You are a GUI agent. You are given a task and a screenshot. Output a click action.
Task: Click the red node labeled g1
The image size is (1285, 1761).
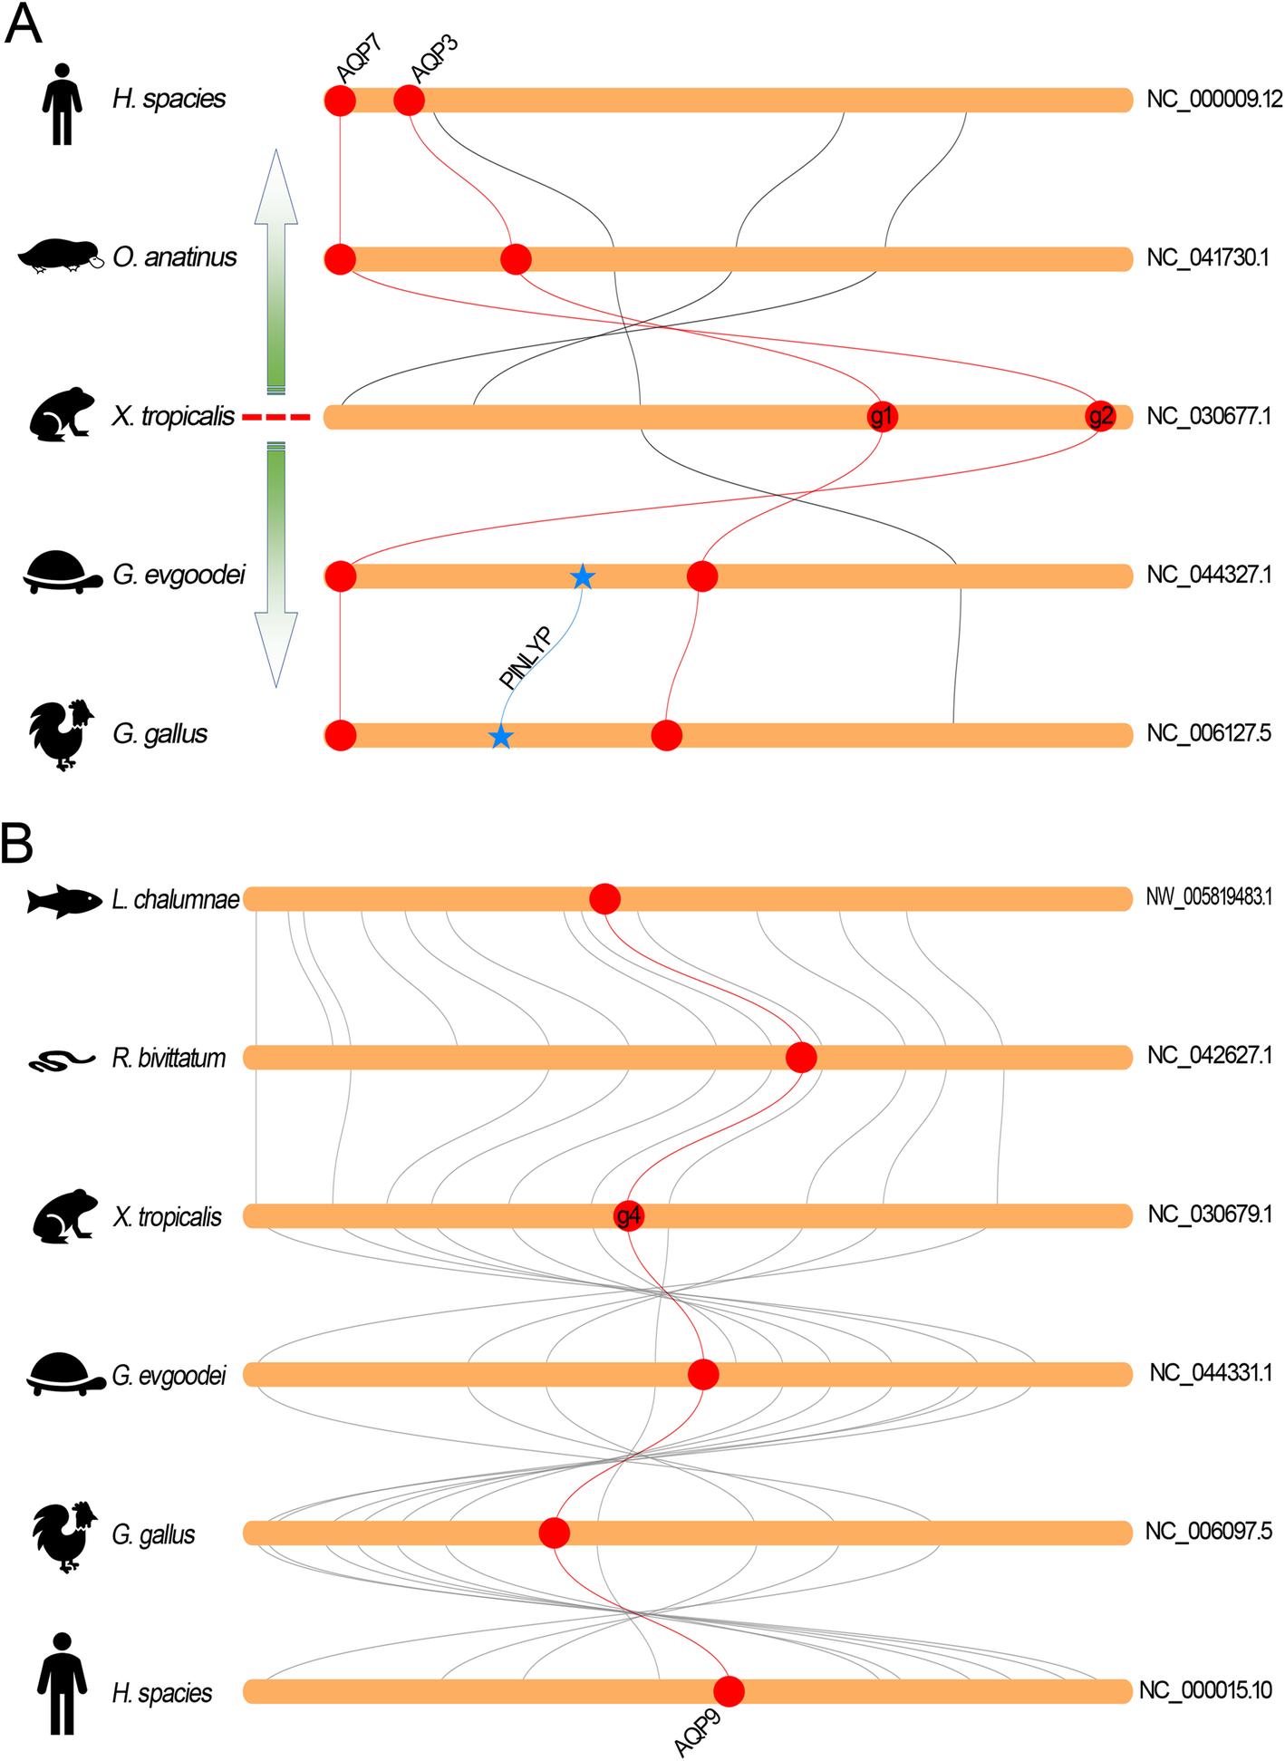[x=882, y=417]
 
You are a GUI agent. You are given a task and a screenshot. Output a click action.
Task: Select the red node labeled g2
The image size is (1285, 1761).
[x=1100, y=417]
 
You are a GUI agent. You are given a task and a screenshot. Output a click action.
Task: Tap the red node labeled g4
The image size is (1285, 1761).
[x=628, y=1215]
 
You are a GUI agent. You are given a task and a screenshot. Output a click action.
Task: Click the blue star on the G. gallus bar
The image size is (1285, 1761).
[x=500, y=737]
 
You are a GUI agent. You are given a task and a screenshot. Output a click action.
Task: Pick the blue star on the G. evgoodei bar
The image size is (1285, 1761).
[x=583, y=576]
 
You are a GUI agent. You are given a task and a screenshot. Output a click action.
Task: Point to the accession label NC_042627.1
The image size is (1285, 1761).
[x=1209, y=1057]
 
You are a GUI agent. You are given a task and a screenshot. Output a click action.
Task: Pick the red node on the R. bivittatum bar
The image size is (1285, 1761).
[x=801, y=1057]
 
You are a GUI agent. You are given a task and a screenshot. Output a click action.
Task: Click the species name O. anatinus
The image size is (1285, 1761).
[x=175, y=257]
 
